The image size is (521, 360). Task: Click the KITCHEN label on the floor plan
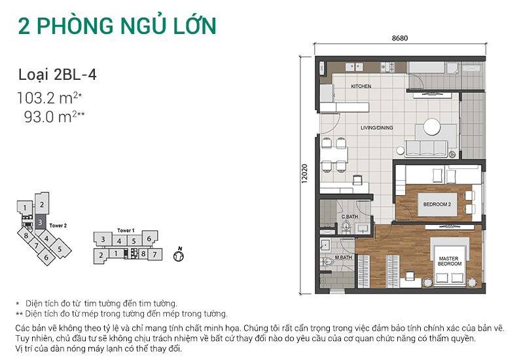[361, 86]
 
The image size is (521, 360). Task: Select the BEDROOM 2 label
[437, 204]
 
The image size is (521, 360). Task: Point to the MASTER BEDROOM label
[450, 261]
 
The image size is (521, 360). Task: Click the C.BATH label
[349, 216]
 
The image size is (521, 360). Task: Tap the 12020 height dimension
[305, 175]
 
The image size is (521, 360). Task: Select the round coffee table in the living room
[431, 126]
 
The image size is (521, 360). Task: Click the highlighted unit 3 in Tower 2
[40, 223]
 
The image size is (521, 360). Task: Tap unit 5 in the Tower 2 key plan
[59, 249]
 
